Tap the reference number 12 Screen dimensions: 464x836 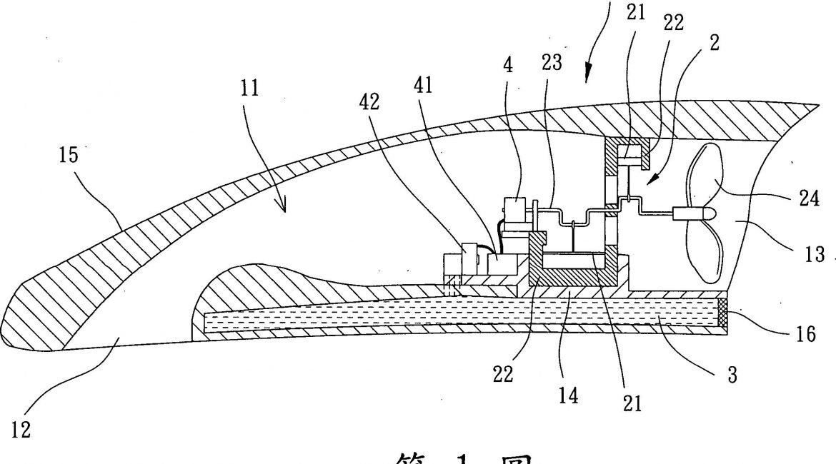click(x=21, y=430)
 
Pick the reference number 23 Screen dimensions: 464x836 click(x=551, y=62)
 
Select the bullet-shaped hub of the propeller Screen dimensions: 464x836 click(x=692, y=213)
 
